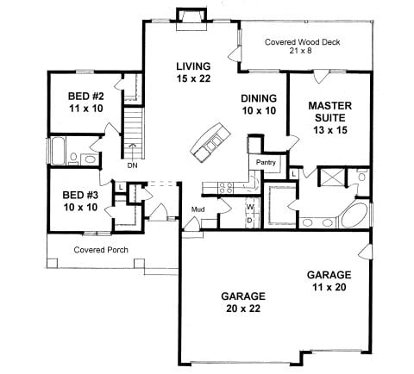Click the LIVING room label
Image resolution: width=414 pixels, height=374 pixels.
[x=193, y=66]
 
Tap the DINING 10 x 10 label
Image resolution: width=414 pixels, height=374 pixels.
[x=259, y=104]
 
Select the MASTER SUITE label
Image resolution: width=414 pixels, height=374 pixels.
[x=330, y=112]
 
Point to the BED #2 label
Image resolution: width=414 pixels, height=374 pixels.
[x=86, y=96]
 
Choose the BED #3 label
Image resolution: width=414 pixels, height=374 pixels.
[x=80, y=195]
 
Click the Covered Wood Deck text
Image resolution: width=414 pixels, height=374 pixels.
[x=302, y=42]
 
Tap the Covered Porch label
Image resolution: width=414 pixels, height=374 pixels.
[x=101, y=250]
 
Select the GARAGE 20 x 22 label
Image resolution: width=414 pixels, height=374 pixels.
[x=243, y=302]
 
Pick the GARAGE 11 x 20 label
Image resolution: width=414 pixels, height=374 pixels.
[x=329, y=281]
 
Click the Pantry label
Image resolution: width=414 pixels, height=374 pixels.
[x=266, y=163]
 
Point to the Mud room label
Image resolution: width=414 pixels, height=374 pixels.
[x=198, y=209]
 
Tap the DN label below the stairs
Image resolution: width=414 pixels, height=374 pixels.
[x=133, y=165]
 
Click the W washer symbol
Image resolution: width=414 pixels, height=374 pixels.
[x=250, y=207]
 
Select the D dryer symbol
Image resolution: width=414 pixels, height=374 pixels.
[x=250, y=220]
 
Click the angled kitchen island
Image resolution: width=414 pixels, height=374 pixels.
[x=210, y=142]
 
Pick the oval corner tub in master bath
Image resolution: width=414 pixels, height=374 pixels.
[x=354, y=215]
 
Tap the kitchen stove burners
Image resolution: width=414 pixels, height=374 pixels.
[x=226, y=188]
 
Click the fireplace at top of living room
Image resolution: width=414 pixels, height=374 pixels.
[x=191, y=20]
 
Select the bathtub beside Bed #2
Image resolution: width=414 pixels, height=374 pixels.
[x=58, y=151]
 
